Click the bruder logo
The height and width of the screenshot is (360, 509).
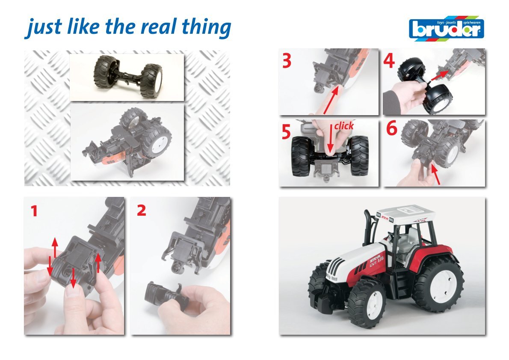[x=447, y=29]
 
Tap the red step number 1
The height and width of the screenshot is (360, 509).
[x=34, y=211]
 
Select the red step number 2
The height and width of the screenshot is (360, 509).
[x=142, y=211]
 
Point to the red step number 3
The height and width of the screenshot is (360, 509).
[x=287, y=61]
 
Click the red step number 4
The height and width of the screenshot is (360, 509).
[x=389, y=61]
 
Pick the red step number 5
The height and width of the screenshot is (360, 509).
[x=286, y=132]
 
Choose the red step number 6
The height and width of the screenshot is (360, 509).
[x=391, y=128]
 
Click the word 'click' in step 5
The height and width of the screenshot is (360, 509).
[x=344, y=126]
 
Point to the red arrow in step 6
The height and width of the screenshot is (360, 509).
[x=435, y=175]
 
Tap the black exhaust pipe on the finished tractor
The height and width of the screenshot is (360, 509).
[x=368, y=227]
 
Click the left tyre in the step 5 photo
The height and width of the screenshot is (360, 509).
[x=301, y=156]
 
